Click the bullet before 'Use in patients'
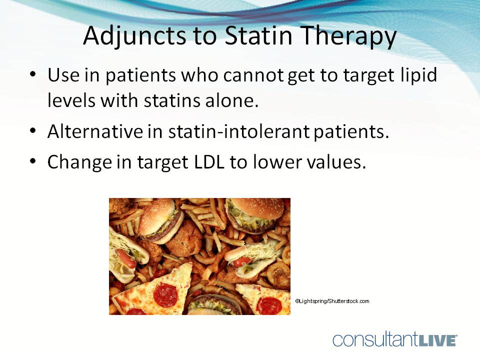coord(33,74)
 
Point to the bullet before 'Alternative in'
coord(33,132)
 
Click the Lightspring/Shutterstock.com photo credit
coord(332,301)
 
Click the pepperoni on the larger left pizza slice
coord(165,294)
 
